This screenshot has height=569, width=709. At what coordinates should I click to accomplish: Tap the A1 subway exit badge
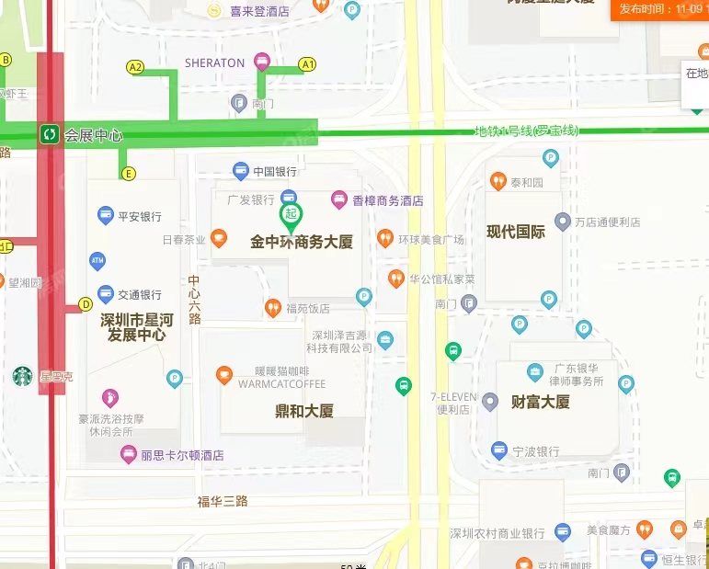point(307,64)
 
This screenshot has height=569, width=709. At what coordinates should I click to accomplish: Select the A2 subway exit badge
point(135,66)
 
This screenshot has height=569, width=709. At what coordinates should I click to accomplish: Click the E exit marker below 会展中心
point(127,173)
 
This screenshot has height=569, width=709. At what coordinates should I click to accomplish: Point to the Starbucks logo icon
point(23,376)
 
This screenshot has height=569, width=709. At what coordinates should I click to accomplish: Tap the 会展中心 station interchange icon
point(49,134)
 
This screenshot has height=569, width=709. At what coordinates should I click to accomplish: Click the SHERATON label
point(214,63)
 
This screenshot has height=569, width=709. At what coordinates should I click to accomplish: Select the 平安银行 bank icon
point(106,216)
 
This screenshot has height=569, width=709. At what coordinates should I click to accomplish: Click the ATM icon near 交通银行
point(97,261)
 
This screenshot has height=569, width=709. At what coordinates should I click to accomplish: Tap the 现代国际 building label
point(516,232)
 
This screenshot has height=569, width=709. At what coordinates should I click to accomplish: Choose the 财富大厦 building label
point(541,402)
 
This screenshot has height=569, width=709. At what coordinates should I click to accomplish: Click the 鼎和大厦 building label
point(304,411)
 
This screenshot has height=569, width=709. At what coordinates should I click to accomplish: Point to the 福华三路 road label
point(223,502)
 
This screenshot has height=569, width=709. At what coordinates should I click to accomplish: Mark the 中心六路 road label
point(194,300)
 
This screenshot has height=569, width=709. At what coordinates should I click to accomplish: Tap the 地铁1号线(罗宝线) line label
point(526,131)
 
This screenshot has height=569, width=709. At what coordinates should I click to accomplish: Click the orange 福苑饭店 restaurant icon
point(272,308)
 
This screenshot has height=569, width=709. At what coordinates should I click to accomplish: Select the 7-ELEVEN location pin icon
point(490,401)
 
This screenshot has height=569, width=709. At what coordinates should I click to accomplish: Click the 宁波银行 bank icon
point(499,450)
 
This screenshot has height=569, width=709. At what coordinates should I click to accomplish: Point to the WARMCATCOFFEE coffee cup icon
point(223,374)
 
